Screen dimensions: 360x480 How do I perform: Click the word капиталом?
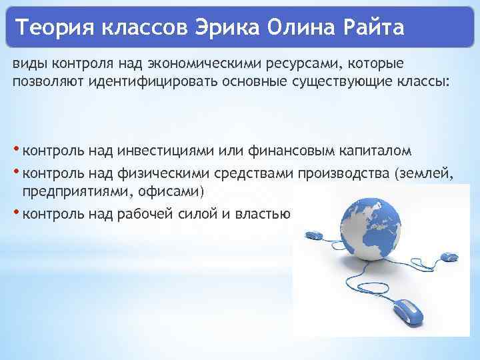pyautogui.click(x=373, y=149)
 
